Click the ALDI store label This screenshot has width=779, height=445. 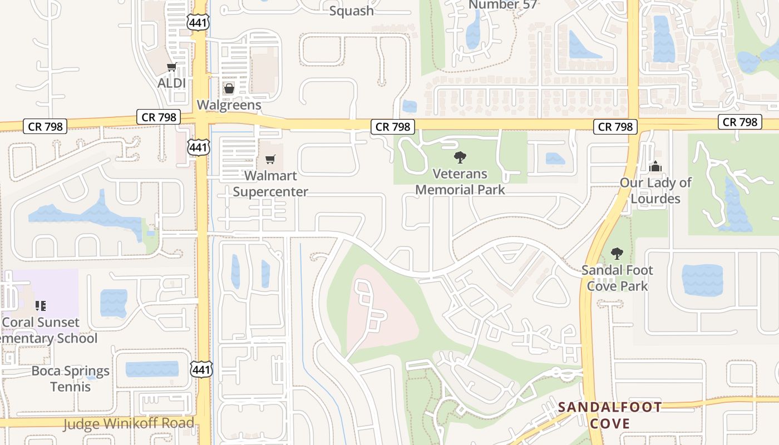[x=172, y=83]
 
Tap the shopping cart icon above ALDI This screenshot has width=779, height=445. [x=171, y=67]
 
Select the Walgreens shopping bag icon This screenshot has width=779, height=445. [x=229, y=88]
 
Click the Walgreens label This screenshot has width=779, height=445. [x=229, y=105]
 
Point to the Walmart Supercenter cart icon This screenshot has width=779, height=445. [x=270, y=160]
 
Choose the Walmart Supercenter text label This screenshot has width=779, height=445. [x=270, y=184]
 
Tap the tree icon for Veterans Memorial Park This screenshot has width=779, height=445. [x=460, y=157]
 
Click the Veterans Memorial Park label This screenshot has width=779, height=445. [x=460, y=182]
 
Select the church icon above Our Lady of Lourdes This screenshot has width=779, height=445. [x=656, y=166]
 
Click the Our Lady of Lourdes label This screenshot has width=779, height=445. [x=656, y=190]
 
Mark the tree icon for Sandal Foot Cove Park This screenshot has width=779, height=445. [x=617, y=254]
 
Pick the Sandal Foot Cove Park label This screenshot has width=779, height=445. [x=617, y=278]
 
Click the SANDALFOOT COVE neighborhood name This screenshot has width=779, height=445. [x=610, y=415]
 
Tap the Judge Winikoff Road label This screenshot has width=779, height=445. [x=129, y=424]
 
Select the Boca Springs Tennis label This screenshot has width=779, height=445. [x=71, y=378]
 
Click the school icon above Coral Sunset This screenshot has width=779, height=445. [x=40, y=305]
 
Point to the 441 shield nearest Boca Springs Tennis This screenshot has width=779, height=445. [x=200, y=368]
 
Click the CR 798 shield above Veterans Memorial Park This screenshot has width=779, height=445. [x=393, y=127]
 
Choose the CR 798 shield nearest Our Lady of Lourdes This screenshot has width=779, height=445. [x=615, y=127]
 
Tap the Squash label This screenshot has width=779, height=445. [x=351, y=10]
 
